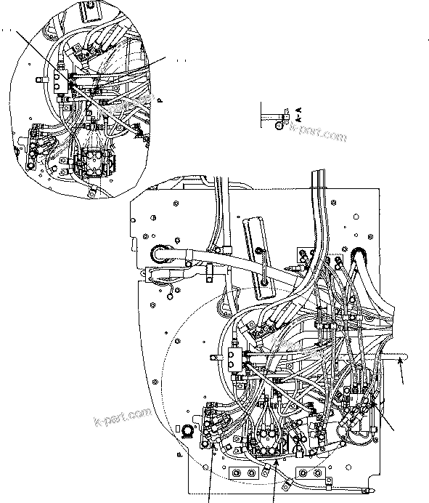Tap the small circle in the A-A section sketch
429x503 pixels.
[279, 124]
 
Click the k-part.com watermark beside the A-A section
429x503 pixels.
[317, 134]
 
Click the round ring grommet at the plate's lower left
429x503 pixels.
[189, 432]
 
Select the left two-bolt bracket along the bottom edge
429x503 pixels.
[242, 473]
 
